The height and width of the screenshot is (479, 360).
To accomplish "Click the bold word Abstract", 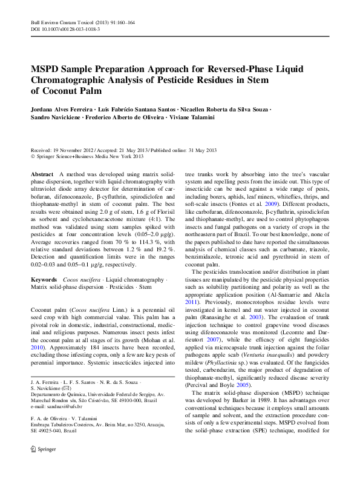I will coord(42,173).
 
